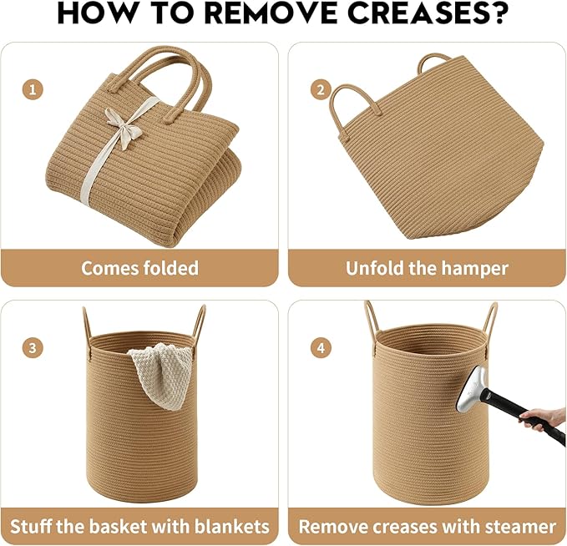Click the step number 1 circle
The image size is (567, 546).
pos(33,89)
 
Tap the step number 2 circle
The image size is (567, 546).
pos(321,89)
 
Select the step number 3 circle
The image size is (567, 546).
pos(33,348)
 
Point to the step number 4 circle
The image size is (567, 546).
pos(321,348)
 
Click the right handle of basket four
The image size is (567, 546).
pos(491,318)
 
